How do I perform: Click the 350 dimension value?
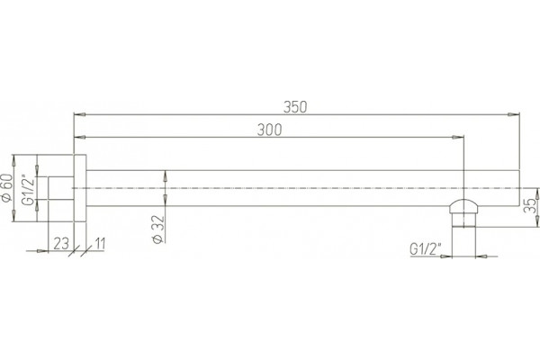295,107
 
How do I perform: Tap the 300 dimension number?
269,130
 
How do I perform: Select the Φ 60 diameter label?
7,188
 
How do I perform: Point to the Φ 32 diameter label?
158,229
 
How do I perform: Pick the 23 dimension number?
61,244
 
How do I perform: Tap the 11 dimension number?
99,244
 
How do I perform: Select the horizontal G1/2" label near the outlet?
426,248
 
